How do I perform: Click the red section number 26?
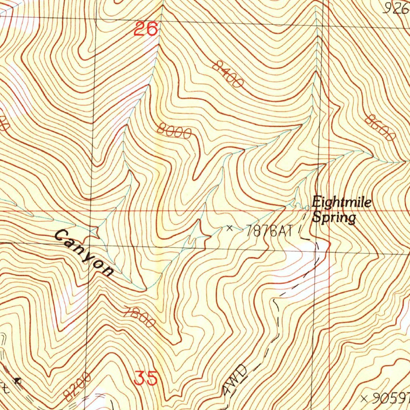(145, 29)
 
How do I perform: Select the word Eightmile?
(342, 202)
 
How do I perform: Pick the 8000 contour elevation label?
(174, 131)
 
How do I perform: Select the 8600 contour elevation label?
(380, 128)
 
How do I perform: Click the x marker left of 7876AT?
(229, 228)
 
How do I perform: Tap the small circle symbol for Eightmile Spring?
(307, 207)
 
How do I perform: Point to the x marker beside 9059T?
(364, 398)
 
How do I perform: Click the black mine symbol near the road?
(17, 380)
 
